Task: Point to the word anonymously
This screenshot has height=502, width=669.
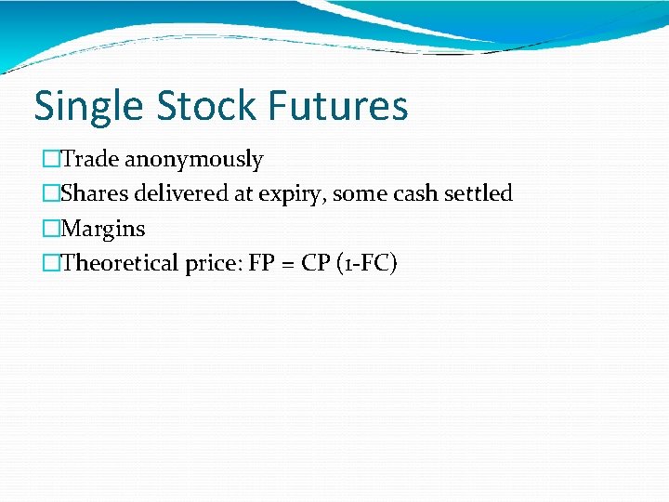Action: (x=193, y=161)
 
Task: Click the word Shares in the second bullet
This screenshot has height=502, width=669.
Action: (x=95, y=193)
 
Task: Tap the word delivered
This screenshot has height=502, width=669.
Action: (x=179, y=193)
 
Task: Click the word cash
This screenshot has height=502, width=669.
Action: (x=404, y=193)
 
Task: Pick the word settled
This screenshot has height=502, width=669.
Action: (x=475, y=193)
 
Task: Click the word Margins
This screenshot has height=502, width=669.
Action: (x=102, y=229)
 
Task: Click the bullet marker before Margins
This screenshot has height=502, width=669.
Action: (x=50, y=229)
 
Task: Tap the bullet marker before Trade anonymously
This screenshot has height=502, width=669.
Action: (x=50, y=160)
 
